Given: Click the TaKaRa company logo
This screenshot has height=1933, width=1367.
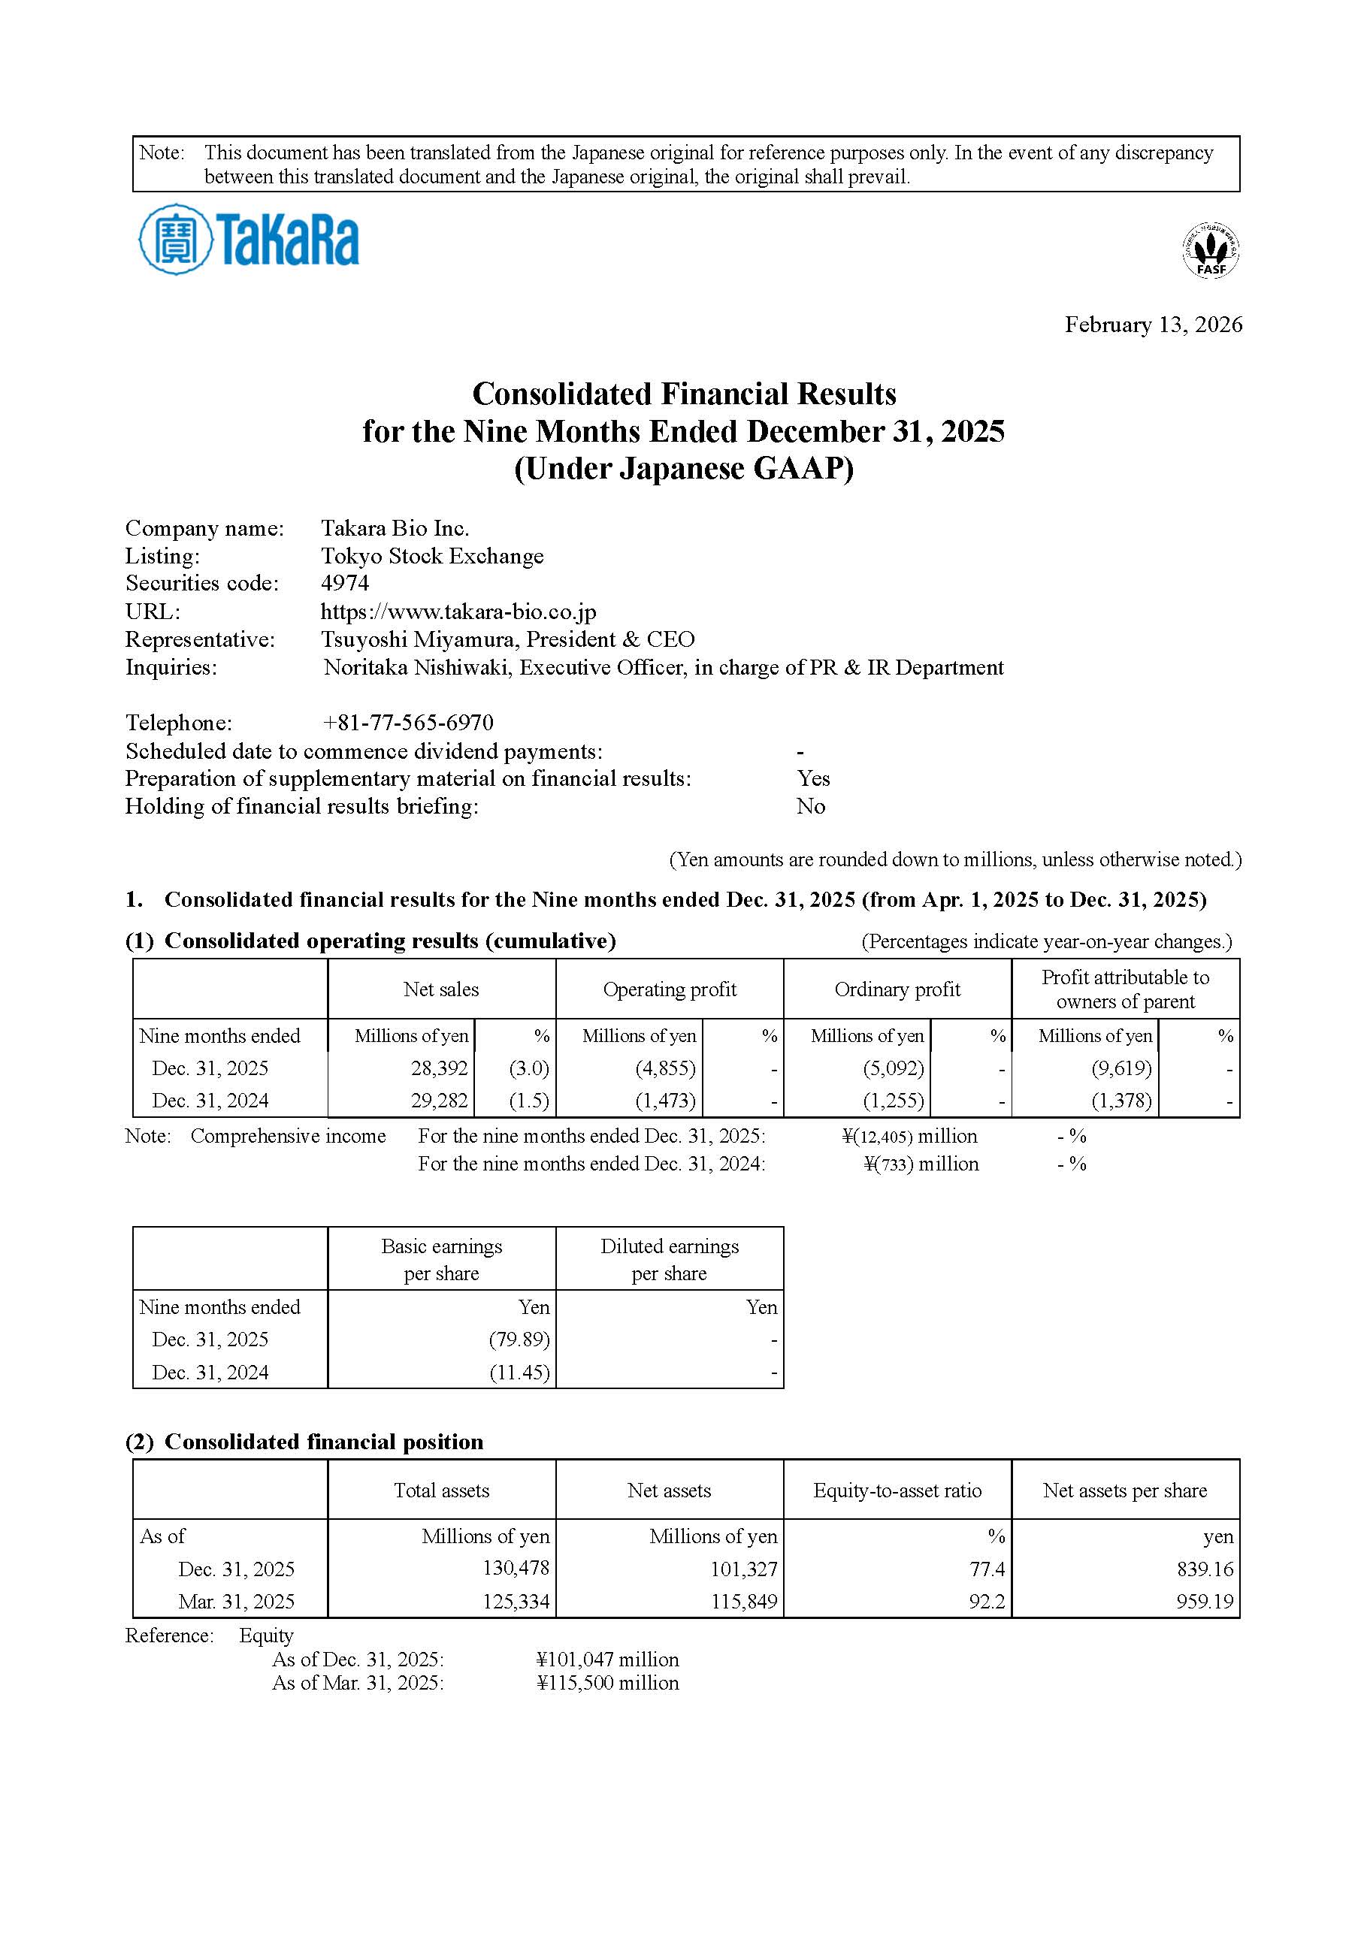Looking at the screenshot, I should (x=249, y=240).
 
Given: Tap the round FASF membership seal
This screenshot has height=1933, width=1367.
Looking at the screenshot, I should (x=1211, y=250).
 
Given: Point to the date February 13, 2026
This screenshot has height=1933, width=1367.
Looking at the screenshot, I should (x=1152, y=325).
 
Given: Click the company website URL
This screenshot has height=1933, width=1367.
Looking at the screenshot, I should (x=458, y=612).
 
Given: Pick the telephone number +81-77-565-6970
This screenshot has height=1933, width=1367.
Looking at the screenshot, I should (x=407, y=723).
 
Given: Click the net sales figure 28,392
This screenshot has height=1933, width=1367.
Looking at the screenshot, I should (x=439, y=1068).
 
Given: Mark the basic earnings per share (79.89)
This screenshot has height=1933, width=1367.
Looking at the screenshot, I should (x=519, y=1340).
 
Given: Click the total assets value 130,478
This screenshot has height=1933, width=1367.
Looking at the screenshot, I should (x=516, y=1569).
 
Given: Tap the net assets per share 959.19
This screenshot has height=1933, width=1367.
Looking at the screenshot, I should (x=1205, y=1601).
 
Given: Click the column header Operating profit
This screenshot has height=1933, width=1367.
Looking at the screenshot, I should (x=670, y=989).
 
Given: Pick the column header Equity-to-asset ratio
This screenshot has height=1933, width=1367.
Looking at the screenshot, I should (x=897, y=1491).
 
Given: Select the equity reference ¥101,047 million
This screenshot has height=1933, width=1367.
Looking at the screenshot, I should (x=607, y=1660).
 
